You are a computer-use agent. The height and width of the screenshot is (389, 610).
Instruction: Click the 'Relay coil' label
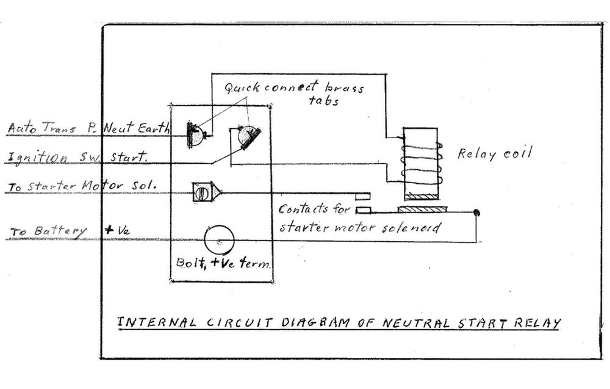[x=494, y=153]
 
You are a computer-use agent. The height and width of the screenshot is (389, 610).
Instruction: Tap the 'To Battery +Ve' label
[x=68, y=231]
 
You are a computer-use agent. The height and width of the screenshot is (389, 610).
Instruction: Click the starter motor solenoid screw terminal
[x=204, y=192]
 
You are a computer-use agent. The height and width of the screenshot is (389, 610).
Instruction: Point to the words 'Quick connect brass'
[x=293, y=88]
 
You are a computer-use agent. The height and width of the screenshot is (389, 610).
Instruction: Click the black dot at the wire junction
[x=476, y=213]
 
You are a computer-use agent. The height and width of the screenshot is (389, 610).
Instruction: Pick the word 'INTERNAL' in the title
[x=156, y=322]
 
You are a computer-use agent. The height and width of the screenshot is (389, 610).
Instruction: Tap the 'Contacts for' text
[x=314, y=209]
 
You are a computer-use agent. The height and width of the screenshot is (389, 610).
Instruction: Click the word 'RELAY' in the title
[x=536, y=323]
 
